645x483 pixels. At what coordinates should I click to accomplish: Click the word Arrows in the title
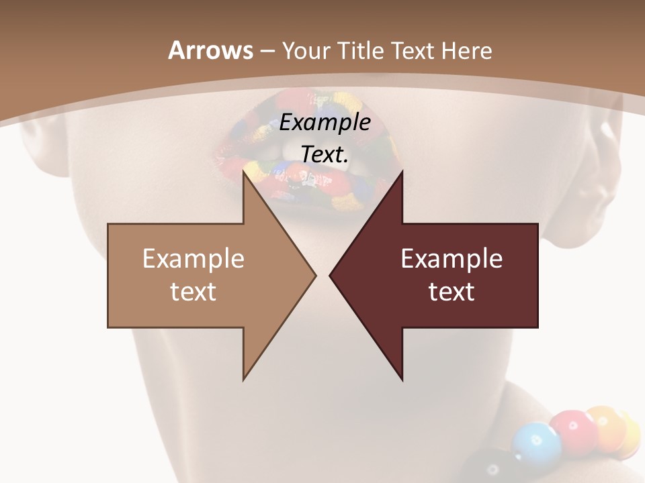[210, 50]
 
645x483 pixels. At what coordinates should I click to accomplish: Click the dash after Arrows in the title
[266, 52]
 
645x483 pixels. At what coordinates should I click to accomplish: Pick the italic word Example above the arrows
[325, 123]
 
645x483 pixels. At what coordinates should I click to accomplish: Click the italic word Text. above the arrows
[325, 154]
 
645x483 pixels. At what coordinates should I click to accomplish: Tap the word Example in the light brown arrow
[193, 258]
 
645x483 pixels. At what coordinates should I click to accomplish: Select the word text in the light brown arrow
[193, 292]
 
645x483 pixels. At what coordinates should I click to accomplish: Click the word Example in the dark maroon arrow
[451, 258]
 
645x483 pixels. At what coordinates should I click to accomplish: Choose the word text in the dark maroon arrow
[451, 292]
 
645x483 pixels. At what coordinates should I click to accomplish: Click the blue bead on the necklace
[535, 443]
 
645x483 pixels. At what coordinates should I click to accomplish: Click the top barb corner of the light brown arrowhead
[243, 172]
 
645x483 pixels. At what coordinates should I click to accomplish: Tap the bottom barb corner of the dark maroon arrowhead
[402, 380]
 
